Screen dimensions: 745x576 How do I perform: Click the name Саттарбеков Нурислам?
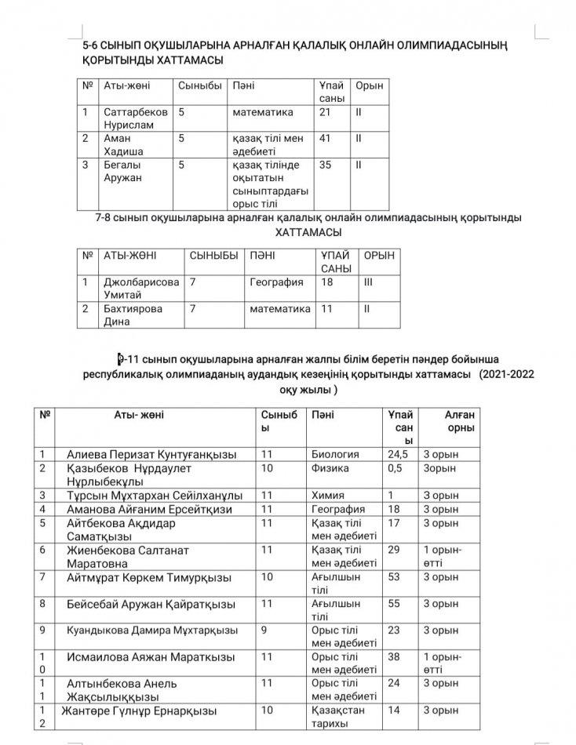135,118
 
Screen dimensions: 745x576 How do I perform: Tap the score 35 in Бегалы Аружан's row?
326,165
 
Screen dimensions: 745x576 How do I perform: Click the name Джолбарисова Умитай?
141,288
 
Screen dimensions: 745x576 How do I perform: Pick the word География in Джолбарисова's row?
276,282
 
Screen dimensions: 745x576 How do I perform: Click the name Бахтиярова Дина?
133,314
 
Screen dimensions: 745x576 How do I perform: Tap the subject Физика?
330,468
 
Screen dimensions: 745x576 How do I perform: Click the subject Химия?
328,496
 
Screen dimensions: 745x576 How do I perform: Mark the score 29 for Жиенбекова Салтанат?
395,551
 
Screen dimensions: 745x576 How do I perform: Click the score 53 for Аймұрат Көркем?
395,577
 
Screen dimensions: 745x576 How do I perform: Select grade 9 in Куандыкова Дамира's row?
264,630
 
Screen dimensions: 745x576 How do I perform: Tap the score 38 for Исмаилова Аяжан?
395,656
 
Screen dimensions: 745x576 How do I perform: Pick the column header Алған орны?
451,422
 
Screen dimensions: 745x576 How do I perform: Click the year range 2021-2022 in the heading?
509,375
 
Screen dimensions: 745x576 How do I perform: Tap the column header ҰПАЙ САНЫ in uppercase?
337,262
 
